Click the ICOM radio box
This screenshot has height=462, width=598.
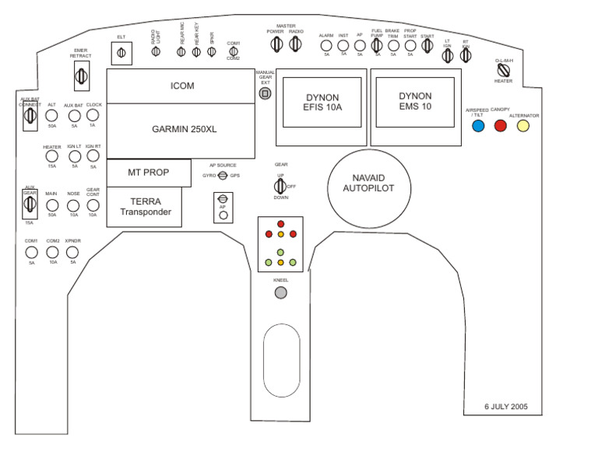(181, 86)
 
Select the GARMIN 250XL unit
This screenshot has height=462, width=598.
(181, 129)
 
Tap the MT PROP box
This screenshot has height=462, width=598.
(148, 173)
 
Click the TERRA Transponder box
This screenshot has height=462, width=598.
(144, 207)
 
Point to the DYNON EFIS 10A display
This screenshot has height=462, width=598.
(322, 102)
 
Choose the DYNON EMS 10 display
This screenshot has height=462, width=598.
(415, 102)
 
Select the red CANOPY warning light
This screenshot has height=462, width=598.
(501, 125)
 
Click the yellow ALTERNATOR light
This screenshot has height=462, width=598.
(523, 125)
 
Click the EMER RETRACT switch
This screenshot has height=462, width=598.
(81, 75)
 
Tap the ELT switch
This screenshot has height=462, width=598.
(121, 53)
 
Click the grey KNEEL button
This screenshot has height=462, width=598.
(281, 292)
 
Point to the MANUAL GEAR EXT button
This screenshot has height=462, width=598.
(265, 93)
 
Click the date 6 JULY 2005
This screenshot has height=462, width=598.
(507, 406)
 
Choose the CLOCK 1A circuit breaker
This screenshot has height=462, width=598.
(93, 115)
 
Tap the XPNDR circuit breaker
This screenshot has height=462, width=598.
(73, 253)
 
